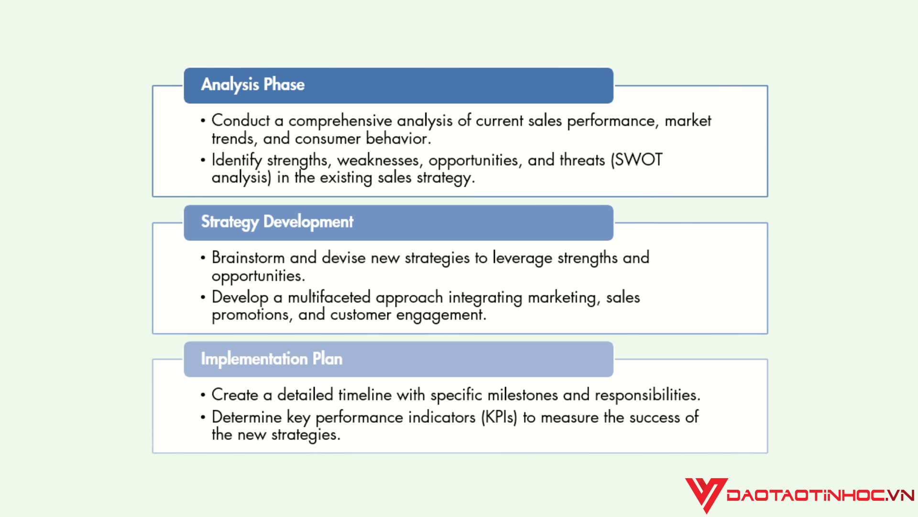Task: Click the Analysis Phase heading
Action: (x=253, y=85)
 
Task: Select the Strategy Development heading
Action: (x=277, y=222)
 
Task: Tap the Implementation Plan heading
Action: (x=272, y=359)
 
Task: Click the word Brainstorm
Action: (x=248, y=258)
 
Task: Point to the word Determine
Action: (x=247, y=417)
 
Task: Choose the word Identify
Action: (x=237, y=160)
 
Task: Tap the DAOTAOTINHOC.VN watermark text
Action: (x=820, y=495)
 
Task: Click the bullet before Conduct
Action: (x=203, y=121)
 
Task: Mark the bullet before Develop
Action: (x=203, y=297)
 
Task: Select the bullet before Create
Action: (x=203, y=395)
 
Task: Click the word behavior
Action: (x=398, y=138)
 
